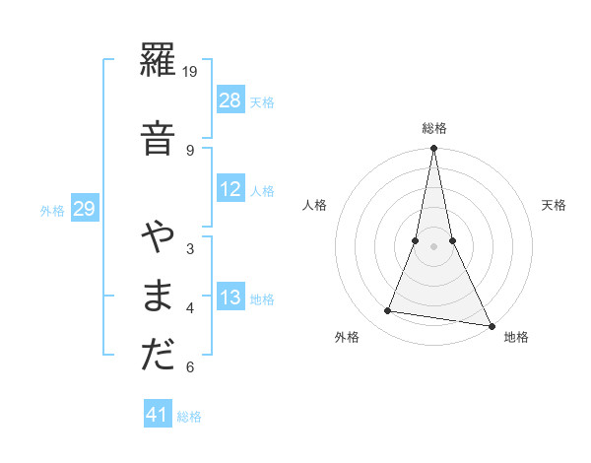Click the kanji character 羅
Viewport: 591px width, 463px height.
tap(157, 65)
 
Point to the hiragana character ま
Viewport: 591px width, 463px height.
tap(157, 296)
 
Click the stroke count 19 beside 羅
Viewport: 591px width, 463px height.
tap(191, 71)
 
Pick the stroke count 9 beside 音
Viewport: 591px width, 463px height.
tap(190, 150)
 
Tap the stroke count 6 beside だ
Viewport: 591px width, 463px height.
tap(190, 367)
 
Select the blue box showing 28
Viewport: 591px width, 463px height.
tap(230, 100)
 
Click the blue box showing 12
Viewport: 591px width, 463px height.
tap(230, 189)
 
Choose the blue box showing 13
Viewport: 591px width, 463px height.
tap(230, 298)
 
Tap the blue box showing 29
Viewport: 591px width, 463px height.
tap(84, 209)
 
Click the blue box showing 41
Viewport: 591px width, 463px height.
tap(158, 415)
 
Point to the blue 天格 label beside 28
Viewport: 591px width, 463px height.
tap(262, 101)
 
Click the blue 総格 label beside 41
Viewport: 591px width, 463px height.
tap(189, 416)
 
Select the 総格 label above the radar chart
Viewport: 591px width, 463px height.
tap(434, 128)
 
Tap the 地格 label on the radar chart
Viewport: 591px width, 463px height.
tap(516, 337)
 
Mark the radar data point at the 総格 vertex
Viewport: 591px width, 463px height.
tap(434, 149)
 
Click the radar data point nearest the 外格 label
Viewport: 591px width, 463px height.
tap(388, 311)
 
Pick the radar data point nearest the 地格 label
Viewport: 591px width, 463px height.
tap(491, 325)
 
